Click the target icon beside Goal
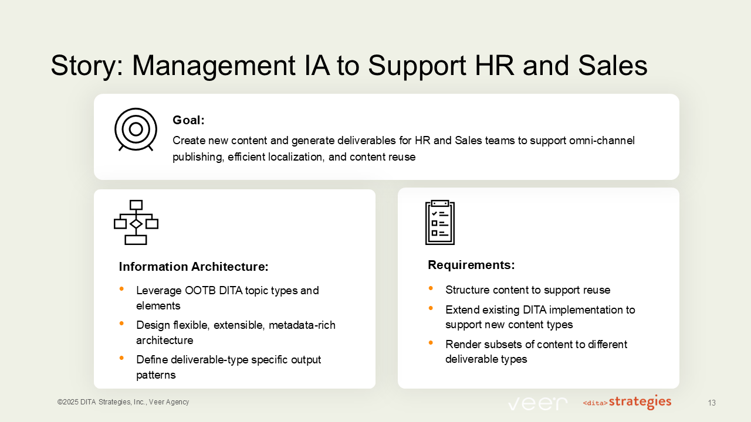pyautogui.click(x=136, y=129)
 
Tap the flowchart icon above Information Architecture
pyautogui.click(x=136, y=222)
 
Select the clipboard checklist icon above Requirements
pyautogui.click(x=440, y=222)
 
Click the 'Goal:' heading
pyautogui.click(x=188, y=120)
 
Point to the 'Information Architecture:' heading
pyautogui.click(x=194, y=267)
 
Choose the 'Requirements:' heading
pyautogui.click(x=471, y=265)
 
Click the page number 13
pyautogui.click(x=712, y=403)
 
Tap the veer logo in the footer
pyautogui.click(x=537, y=403)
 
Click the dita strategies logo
pyautogui.click(x=627, y=402)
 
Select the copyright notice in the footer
pyautogui.click(x=123, y=402)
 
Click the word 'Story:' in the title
pyautogui.click(x=86, y=66)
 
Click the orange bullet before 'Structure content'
pyautogui.click(x=431, y=288)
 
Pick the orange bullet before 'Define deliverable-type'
pyautogui.click(x=122, y=358)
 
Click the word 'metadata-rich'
pyautogui.click(x=302, y=325)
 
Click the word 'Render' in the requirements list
pyautogui.click(x=462, y=344)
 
